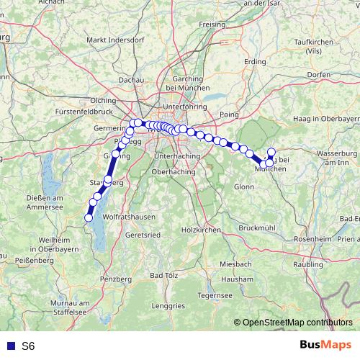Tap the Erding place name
[x=255, y=62]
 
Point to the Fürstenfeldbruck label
[x=84, y=113]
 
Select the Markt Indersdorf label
[x=111, y=40]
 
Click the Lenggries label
[x=168, y=306]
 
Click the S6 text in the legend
[x=28, y=346]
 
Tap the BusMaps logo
[x=326, y=346]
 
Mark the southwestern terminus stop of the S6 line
[x=89, y=217]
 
